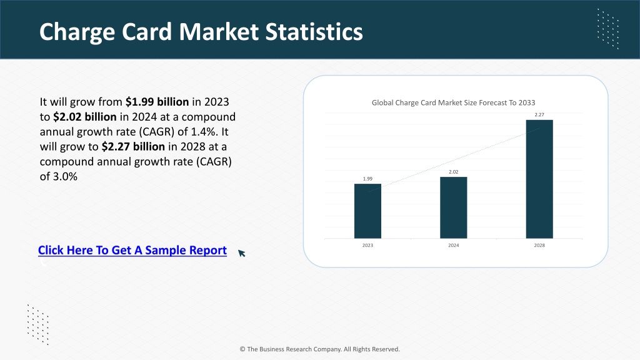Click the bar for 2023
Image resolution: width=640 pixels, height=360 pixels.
pyautogui.click(x=367, y=211)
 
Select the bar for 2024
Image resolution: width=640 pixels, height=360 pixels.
pyautogui.click(x=454, y=207)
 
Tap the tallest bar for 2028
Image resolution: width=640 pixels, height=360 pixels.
pyautogui.click(x=539, y=179)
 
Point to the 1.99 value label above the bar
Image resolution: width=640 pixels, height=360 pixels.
pyautogui.click(x=367, y=179)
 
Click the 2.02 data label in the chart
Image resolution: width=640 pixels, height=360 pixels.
pyautogui.click(x=454, y=172)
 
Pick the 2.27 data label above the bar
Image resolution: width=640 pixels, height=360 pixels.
pyautogui.click(x=539, y=115)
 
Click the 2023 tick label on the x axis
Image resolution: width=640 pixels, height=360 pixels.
pyautogui.click(x=367, y=245)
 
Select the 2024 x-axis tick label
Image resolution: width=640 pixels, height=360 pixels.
pyautogui.click(x=454, y=245)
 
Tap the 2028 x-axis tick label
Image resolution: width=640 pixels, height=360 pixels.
pyautogui.click(x=539, y=245)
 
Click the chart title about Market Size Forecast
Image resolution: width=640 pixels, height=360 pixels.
pyautogui.click(x=453, y=103)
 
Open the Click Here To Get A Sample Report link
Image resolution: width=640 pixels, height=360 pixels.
pyautogui.click(x=132, y=250)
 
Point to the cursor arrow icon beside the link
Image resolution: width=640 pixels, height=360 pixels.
pyautogui.click(x=242, y=253)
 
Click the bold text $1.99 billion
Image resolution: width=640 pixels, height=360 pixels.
pyautogui.click(x=157, y=102)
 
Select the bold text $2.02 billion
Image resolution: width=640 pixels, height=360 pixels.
pyautogui.click(x=85, y=117)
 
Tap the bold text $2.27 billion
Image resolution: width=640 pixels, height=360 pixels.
pyautogui.click(x=133, y=146)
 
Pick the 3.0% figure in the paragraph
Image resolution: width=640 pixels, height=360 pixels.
pyautogui.click(x=65, y=176)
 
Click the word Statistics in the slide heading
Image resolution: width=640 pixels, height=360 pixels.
pyautogui.click(x=314, y=32)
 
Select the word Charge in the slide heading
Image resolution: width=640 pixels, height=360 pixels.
pyautogui.click(x=77, y=32)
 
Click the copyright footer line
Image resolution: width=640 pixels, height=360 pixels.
pyautogui.click(x=319, y=349)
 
